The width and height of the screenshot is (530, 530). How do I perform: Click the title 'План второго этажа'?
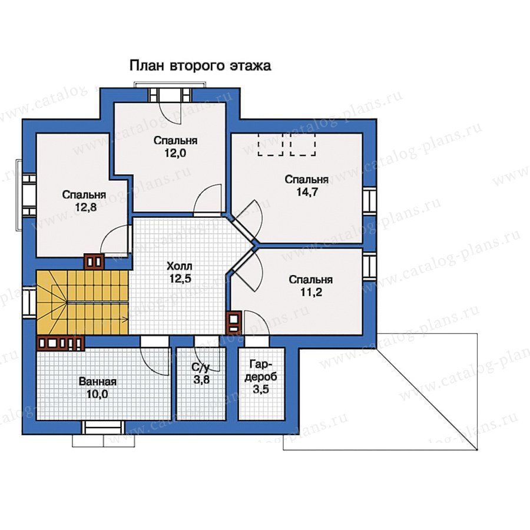click(x=200, y=65)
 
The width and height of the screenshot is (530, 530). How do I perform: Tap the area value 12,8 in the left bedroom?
click(x=86, y=207)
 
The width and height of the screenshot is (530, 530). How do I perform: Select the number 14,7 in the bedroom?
click(x=307, y=191)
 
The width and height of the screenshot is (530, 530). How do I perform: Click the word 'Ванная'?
click(x=98, y=382)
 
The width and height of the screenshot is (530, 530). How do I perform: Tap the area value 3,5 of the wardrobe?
click(x=261, y=389)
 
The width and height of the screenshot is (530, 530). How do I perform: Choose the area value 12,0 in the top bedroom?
click(x=175, y=153)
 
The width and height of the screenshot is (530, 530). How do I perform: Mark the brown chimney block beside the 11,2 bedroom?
click(x=234, y=322)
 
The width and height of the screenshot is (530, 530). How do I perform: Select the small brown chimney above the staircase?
click(x=94, y=261)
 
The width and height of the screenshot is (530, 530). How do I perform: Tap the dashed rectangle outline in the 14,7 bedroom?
click(x=287, y=144)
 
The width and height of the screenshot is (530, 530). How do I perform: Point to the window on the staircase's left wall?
click(x=29, y=302)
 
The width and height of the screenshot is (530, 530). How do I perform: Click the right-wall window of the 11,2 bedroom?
click(x=369, y=266)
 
